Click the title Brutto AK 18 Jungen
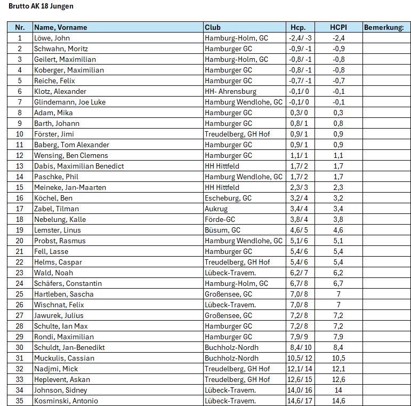(41, 6)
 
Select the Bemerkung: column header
(383, 27)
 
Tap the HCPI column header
(339, 27)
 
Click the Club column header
(213, 27)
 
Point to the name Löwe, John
(52, 38)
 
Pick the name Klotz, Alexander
(60, 91)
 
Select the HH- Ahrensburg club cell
(230, 91)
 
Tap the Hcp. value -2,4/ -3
(300, 38)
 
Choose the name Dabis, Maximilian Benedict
(79, 166)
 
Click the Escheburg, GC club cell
(228, 198)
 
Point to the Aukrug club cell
(216, 209)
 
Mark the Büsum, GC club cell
(222, 230)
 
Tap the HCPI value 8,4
(339, 347)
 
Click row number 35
(20, 401)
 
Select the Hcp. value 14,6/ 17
(300, 401)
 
